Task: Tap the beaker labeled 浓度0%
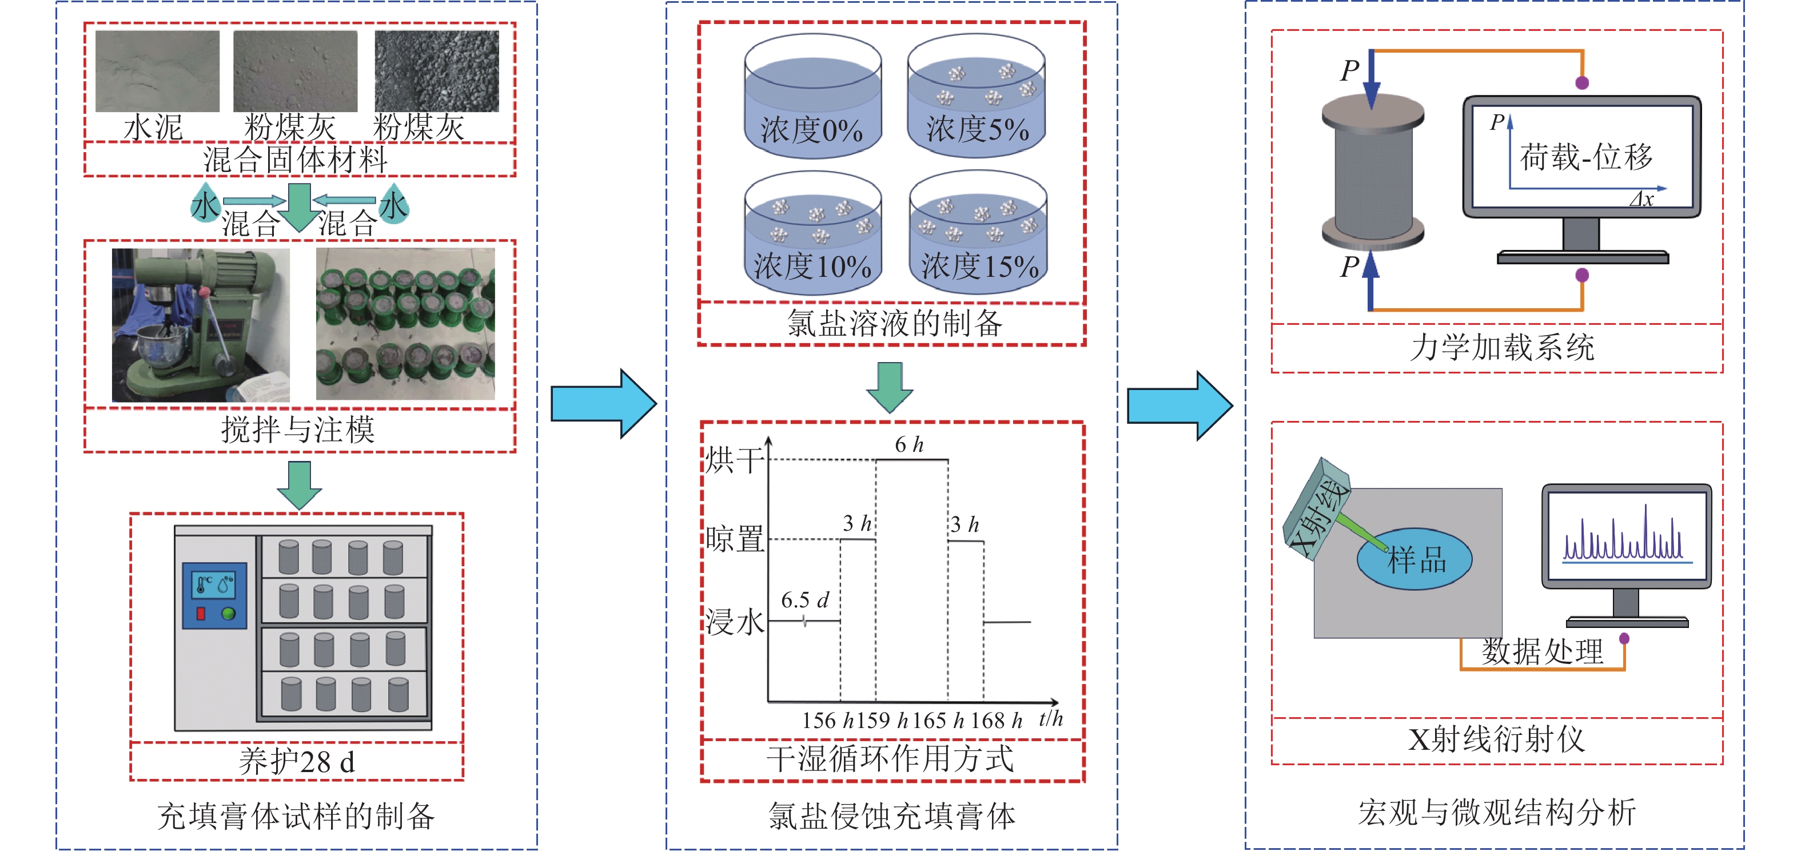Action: (x=812, y=98)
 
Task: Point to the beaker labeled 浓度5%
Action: (x=977, y=98)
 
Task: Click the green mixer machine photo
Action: (x=201, y=325)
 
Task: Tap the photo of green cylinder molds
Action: (x=405, y=324)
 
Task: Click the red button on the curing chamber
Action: (x=201, y=613)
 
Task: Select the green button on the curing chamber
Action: (x=228, y=613)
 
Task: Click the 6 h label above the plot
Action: (x=909, y=444)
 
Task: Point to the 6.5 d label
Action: (x=804, y=599)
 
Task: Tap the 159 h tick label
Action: (x=882, y=719)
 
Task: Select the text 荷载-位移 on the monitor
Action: (x=1585, y=157)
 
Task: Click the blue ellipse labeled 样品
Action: (x=1414, y=559)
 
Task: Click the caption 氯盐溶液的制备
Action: (x=894, y=323)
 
